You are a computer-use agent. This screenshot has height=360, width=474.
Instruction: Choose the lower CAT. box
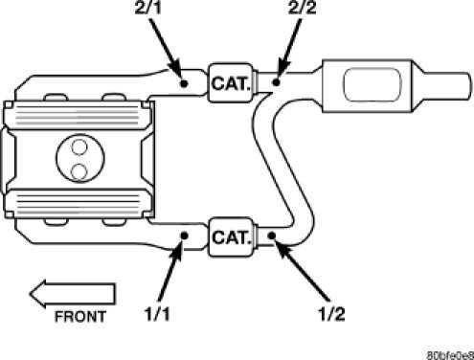tap(229, 235)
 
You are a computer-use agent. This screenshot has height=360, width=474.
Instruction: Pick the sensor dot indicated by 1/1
tap(183, 235)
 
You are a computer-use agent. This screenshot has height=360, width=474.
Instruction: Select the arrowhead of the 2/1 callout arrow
tap(177, 72)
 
